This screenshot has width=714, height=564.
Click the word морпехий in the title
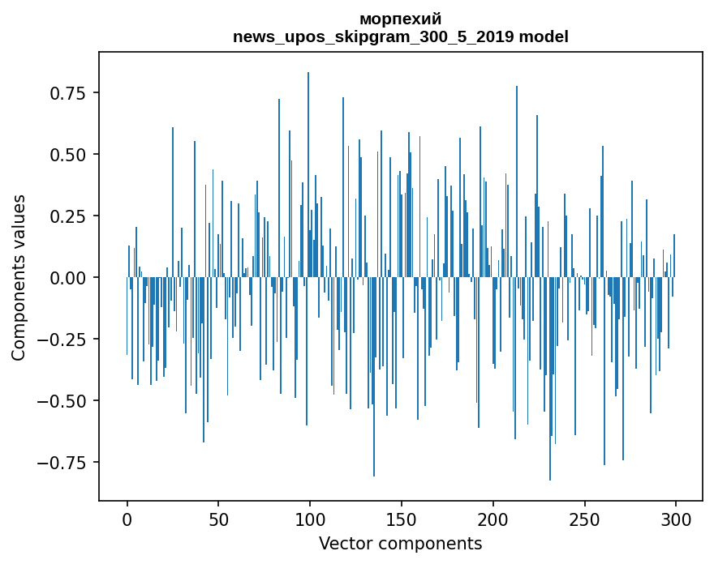point(400,19)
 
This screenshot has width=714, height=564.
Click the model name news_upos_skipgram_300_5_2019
point(374,36)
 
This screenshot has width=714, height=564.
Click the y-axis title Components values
point(19,277)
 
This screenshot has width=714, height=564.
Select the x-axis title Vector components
point(400,543)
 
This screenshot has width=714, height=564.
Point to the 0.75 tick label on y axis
point(68,92)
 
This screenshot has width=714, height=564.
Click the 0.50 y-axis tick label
point(68,154)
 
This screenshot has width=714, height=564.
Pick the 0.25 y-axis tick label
point(68,216)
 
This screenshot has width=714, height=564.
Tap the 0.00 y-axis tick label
point(68,277)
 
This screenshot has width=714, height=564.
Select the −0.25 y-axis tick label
point(63,340)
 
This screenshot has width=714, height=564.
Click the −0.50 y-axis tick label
point(63,401)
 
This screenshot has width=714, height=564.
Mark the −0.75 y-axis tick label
point(63,463)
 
